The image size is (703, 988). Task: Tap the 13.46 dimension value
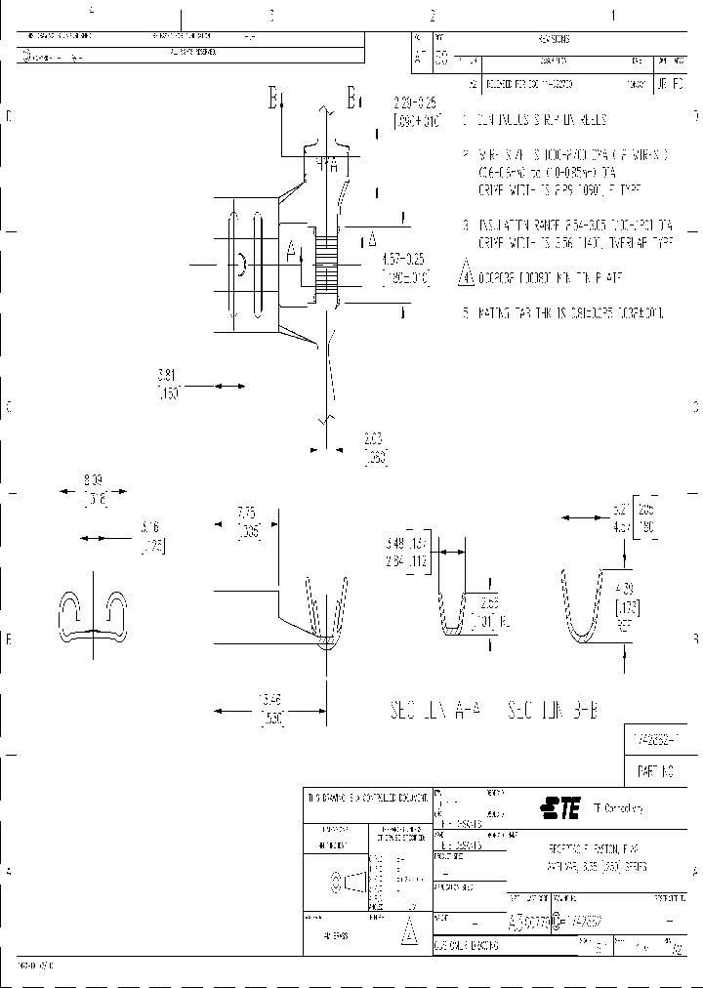pyautogui.click(x=271, y=701)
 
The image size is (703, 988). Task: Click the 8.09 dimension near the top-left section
pyautogui.click(x=93, y=480)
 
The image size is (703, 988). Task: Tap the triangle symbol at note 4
pyautogui.click(x=466, y=274)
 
